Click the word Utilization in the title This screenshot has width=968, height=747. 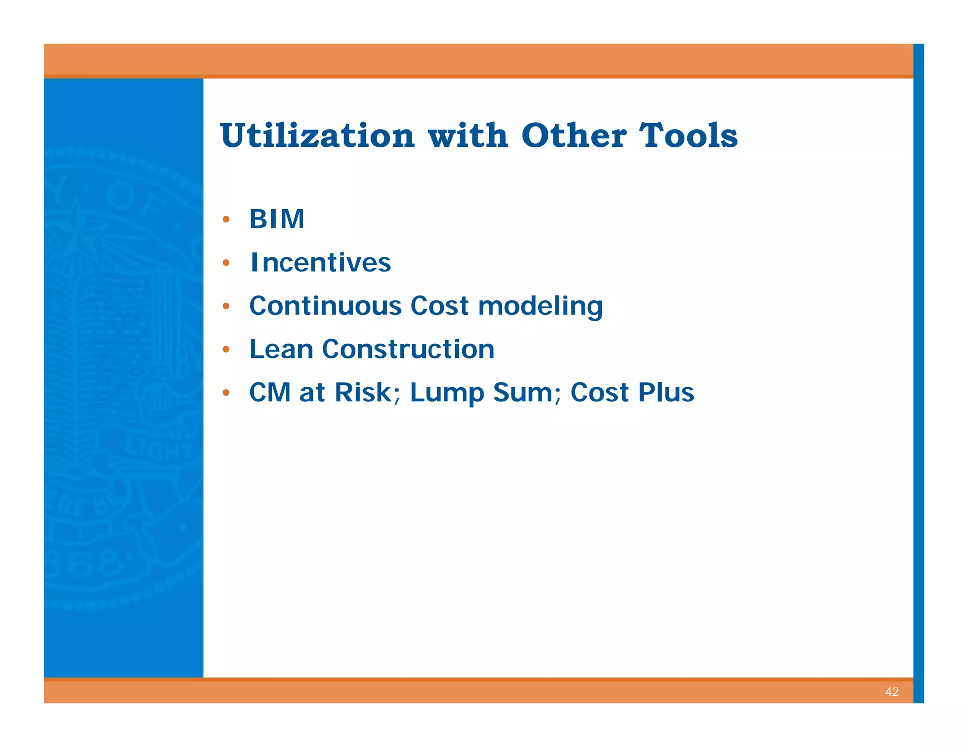[x=317, y=136]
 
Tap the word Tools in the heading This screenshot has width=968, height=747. [x=688, y=136]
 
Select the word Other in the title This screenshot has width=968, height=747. [x=574, y=136]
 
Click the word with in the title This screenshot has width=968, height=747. [x=468, y=136]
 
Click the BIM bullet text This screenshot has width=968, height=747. [x=277, y=219]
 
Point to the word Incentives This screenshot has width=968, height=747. [x=320, y=263]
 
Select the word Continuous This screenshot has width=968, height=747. [x=325, y=306]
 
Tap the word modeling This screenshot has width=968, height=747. [x=540, y=306]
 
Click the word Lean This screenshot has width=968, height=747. [x=281, y=349]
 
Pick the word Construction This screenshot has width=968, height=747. [x=408, y=349]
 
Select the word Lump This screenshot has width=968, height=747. [x=447, y=393]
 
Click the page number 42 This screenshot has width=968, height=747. [x=891, y=692]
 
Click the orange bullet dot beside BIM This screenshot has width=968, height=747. [x=226, y=219]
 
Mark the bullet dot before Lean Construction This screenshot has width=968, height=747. [x=226, y=349]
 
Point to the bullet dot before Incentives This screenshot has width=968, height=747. [x=226, y=263]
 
